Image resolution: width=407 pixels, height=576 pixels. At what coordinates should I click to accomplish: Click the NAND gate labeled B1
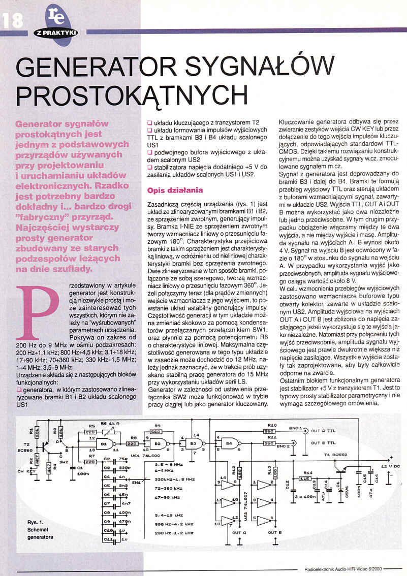tap(105, 443)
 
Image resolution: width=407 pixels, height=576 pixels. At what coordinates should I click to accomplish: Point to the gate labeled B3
tap(194, 443)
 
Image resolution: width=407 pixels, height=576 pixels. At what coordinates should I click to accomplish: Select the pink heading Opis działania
tap(175, 190)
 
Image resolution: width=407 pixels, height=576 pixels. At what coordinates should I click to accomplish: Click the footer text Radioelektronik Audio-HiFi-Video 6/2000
tap(344, 568)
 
